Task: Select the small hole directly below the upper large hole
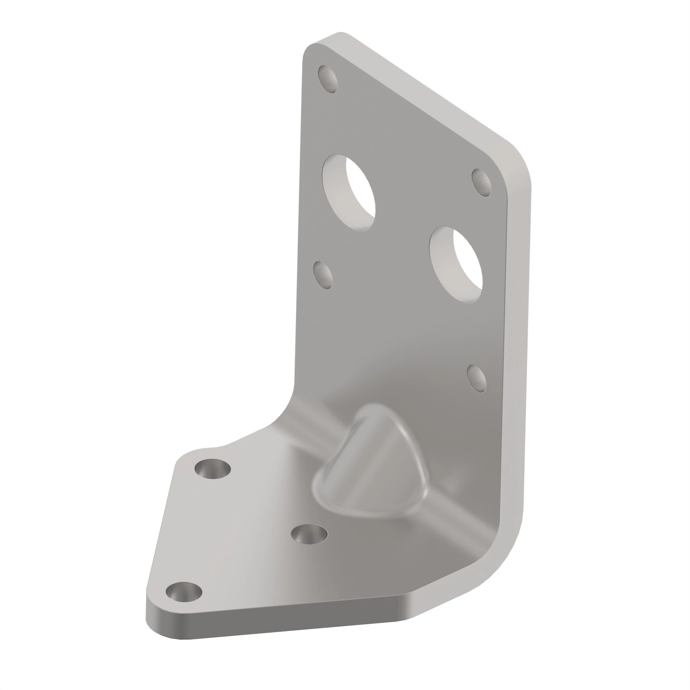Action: [323, 275]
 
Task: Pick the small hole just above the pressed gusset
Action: [476, 379]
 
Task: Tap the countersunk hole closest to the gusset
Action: [309, 535]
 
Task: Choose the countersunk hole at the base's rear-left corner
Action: [213, 470]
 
